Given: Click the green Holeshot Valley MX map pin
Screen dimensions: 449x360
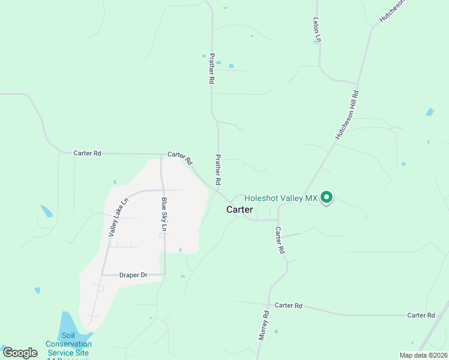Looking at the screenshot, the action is pyautogui.click(x=327, y=197).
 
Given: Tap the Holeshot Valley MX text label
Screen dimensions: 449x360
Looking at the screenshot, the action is pyautogui.click(x=281, y=198).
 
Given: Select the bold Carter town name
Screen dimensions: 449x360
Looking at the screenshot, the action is pyautogui.click(x=240, y=209).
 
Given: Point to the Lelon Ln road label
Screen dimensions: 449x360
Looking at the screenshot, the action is pyautogui.click(x=317, y=29).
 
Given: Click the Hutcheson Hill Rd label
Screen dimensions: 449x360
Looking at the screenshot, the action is pyautogui.click(x=346, y=116).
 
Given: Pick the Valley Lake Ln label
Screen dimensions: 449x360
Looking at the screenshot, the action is pyautogui.click(x=118, y=217).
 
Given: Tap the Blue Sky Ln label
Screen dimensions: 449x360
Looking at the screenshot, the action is pyautogui.click(x=163, y=214).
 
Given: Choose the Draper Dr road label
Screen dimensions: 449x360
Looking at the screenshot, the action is pyautogui.click(x=133, y=275).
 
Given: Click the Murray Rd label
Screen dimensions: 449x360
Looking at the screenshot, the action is pyautogui.click(x=264, y=326).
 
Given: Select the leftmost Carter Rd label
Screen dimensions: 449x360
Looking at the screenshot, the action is pyautogui.click(x=87, y=153).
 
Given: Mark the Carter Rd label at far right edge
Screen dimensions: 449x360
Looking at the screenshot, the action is pyautogui.click(x=420, y=315).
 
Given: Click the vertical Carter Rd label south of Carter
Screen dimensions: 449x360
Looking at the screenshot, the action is pyautogui.click(x=279, y=240).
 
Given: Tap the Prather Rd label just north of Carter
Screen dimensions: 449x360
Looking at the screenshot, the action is pyautogui.click(x=218, y=169).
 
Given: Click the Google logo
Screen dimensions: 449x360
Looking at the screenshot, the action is pyautogui.click(x=20, y=353).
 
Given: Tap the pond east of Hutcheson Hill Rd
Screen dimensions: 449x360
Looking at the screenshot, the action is pyautogui.click(x=430, y=112).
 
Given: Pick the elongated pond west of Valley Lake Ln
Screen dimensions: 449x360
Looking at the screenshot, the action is pyautogui.click(x=46, y=211).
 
